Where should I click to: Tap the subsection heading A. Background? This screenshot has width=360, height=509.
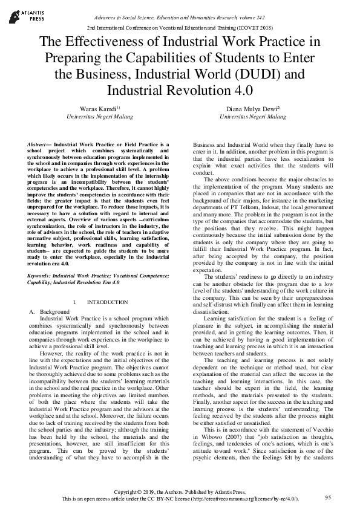pyautogui.click(x=50, y=311)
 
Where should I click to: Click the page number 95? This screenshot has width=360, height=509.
pyautogui.click(x=328, y=497)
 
